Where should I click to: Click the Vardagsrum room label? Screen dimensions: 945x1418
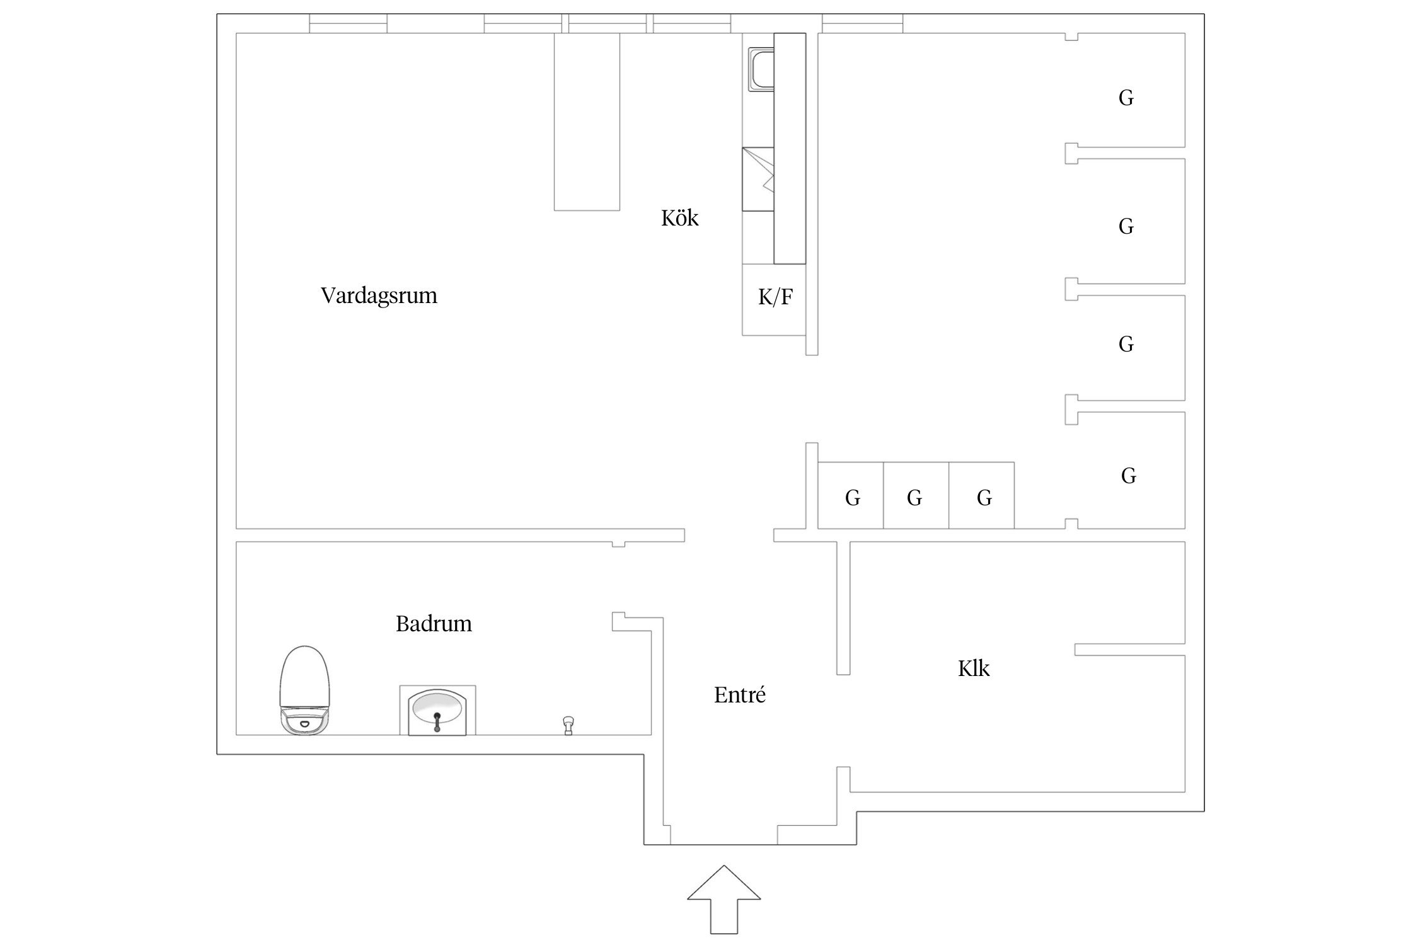click(379, 295)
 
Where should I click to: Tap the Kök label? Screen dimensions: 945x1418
click(679, 218)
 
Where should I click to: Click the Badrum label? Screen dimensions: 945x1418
click(434, 624)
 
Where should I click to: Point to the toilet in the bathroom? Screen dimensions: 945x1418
click(305, 690)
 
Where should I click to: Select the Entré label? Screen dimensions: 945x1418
click(740, 695)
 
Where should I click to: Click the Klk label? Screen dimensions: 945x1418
click(974, 668)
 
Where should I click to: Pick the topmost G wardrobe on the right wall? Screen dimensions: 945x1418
click(1126, 98)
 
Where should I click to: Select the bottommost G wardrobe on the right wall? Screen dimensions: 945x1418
click(1128, 476)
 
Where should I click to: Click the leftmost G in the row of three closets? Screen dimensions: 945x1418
click(852, 498)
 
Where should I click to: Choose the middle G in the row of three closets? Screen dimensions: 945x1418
click(914, 498)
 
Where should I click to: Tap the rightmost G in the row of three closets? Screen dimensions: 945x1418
click(984, 498)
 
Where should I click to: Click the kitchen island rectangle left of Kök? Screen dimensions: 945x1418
click(587, 122)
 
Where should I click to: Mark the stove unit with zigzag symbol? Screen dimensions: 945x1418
click(758, 179)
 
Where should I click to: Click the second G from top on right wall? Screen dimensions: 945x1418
click(1126, 226)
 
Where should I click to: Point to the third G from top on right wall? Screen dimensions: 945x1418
click(1126, 344)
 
